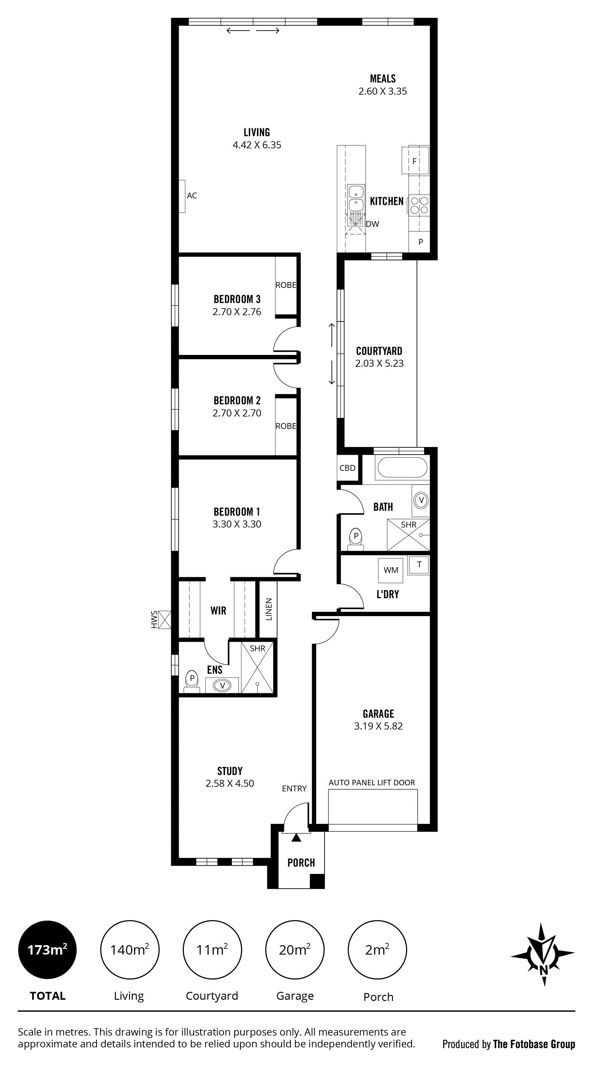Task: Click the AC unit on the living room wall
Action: tap(181, 196)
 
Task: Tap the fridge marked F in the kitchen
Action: tap(415, 160)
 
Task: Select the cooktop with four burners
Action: tap(419, 206)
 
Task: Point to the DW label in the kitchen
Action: tap(372, 224)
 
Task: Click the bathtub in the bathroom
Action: tap(401, 467)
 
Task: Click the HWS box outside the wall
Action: tap(164, 619)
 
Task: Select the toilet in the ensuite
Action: tap(191, 681)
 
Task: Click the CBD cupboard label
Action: tap(347, 468)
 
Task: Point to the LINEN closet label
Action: tap(269, 609)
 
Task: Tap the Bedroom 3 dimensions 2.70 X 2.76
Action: tap(237, 312)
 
